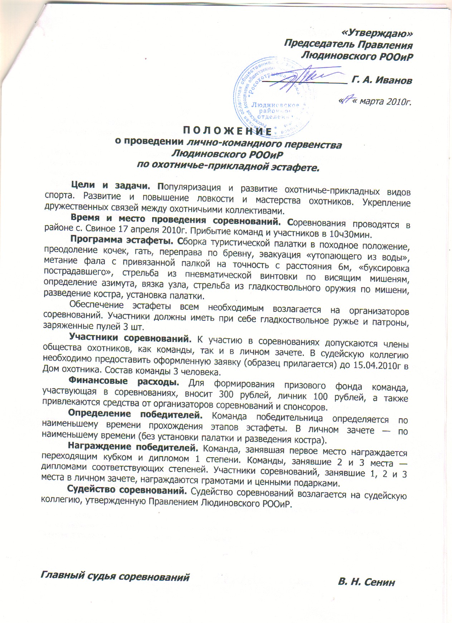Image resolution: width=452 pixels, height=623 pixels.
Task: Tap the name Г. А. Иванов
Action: pos(382,81)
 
